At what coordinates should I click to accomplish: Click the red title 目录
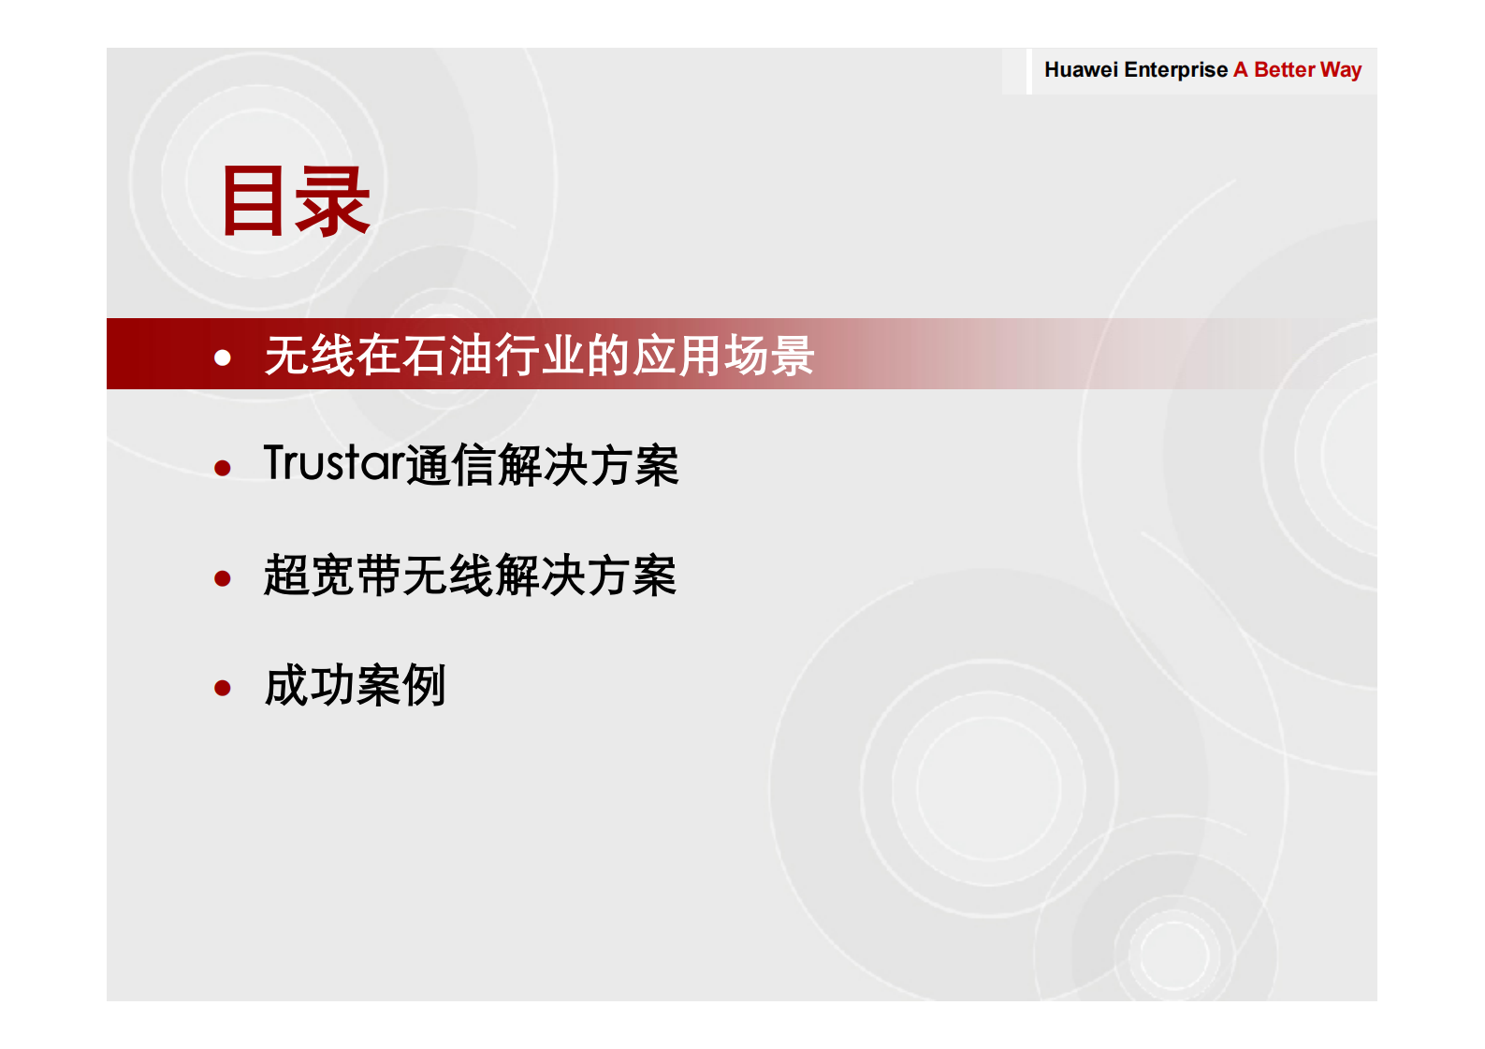coord(295,200)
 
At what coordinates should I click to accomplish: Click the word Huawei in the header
coord(1080,70)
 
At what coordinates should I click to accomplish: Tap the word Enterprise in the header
coord(1175,70)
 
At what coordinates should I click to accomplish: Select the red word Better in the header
coord(1284,70)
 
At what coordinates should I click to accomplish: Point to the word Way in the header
coord(1340,70)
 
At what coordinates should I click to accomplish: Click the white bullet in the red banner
coord(223,357)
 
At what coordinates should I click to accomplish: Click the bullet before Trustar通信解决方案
coord(223,467)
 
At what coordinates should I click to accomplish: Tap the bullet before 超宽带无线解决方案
coord(223,577)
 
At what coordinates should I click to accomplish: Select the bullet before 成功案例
coord(223,688)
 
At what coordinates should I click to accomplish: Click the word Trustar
coord(334,463)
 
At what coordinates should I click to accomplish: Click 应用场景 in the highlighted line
coord(722,356)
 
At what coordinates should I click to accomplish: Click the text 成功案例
coord(355,686)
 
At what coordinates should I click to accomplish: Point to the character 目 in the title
coord(254,200)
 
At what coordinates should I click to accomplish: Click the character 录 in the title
coord(332,200)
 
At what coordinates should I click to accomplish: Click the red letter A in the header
coord(1240,70)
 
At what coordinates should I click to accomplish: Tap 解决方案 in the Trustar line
coord(588,465)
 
